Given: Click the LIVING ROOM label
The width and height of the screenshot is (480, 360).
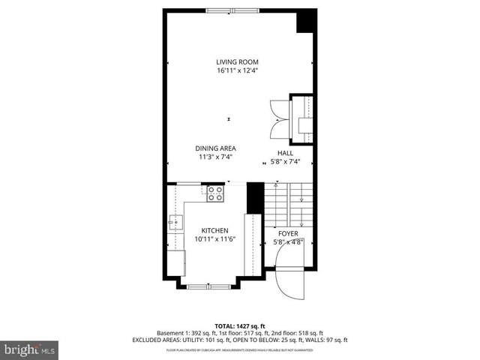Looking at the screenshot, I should point(237,61).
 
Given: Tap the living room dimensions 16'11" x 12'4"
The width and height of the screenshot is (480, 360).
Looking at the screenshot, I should point(237,70).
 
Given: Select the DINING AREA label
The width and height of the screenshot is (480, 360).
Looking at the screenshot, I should point(217,148).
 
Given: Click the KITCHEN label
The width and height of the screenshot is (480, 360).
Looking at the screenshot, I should point(215,230).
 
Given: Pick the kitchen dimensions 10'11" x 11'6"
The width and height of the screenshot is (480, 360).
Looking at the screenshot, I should point(216,239).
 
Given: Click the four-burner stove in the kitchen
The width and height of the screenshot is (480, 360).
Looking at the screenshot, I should point(215,194).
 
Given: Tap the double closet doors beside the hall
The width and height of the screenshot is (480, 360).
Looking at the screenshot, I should point(278,117).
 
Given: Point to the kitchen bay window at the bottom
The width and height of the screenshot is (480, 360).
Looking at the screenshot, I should point(210,286).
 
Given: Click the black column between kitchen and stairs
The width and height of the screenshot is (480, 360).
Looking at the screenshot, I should point(254,197).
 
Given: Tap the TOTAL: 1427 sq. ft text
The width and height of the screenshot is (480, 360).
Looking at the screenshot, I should point(239,325).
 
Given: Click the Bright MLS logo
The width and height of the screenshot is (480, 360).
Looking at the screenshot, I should point(29,349).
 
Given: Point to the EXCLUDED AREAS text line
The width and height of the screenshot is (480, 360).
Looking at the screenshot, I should point(239,340).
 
